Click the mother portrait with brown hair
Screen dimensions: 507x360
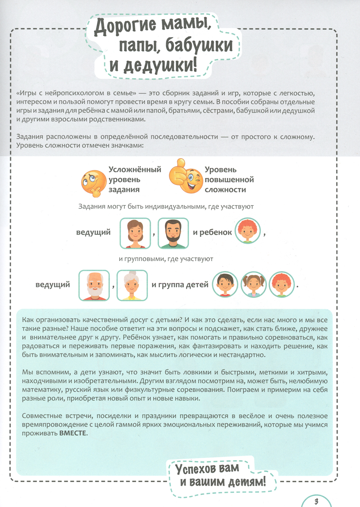coord(135,233)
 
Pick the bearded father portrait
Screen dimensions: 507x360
coord(173,233)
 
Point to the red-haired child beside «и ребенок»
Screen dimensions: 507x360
coord(248,231)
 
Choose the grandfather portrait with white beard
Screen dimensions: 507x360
coord(94,285)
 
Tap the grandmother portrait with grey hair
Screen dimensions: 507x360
coord(132,285)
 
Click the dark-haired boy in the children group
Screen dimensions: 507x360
coord(225,284)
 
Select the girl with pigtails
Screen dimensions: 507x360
coord(253,284)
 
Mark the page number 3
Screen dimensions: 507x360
coord(316,501)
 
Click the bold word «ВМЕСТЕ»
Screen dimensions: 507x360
coord(73,433)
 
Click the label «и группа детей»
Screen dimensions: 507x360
coord(180,285)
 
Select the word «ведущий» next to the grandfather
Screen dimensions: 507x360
coord(53,285)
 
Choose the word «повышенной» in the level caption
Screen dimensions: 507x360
coord(229,180)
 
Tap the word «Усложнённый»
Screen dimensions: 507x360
coord(135,170)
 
